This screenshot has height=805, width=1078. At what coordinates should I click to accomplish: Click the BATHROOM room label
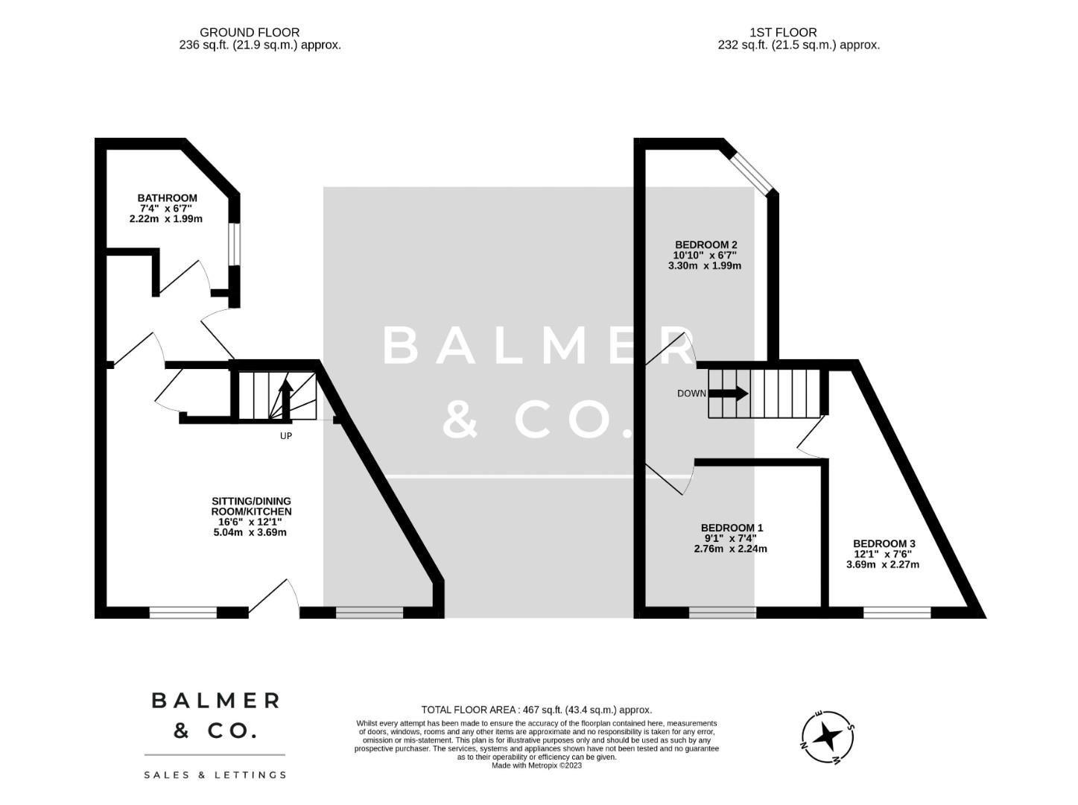pyautogui.click(x=167, y=198)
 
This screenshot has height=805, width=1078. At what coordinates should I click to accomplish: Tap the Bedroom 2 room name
pyautogui.click(x=705, y=244)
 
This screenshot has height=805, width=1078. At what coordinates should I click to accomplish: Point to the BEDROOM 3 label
pyautogui.click(x=883, y=544)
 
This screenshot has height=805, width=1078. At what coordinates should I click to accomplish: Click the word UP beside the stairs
pyautogui.click(x=286, y=436)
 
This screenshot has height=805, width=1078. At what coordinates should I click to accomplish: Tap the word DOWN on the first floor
pyautogui.click(x=691, y=394)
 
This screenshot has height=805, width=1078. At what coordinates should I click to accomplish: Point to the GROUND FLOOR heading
pyautogui.click(x=250, y=32)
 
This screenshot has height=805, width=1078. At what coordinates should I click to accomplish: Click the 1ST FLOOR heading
pyautogui.click(x=783, y=32)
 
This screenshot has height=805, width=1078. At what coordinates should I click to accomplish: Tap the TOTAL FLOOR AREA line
pyautogui.click(x=536, y=710)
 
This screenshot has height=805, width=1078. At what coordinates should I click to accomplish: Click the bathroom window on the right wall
pyautogui.click(x=235, y=244)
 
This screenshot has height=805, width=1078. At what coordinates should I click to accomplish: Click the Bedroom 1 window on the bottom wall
pyautogui.click(x=722, y=613)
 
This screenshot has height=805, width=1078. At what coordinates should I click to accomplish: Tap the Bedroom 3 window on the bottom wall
pyautogui.click(x=897, y=613)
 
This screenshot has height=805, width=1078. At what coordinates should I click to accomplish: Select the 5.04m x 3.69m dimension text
pyautogui.click(x=250, y=532)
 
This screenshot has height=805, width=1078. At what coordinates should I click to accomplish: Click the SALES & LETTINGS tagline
pyautogui.click(x=215, y=775)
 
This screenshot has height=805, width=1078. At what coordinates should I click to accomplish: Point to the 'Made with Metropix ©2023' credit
pyautogui.click(x=536, y=765)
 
